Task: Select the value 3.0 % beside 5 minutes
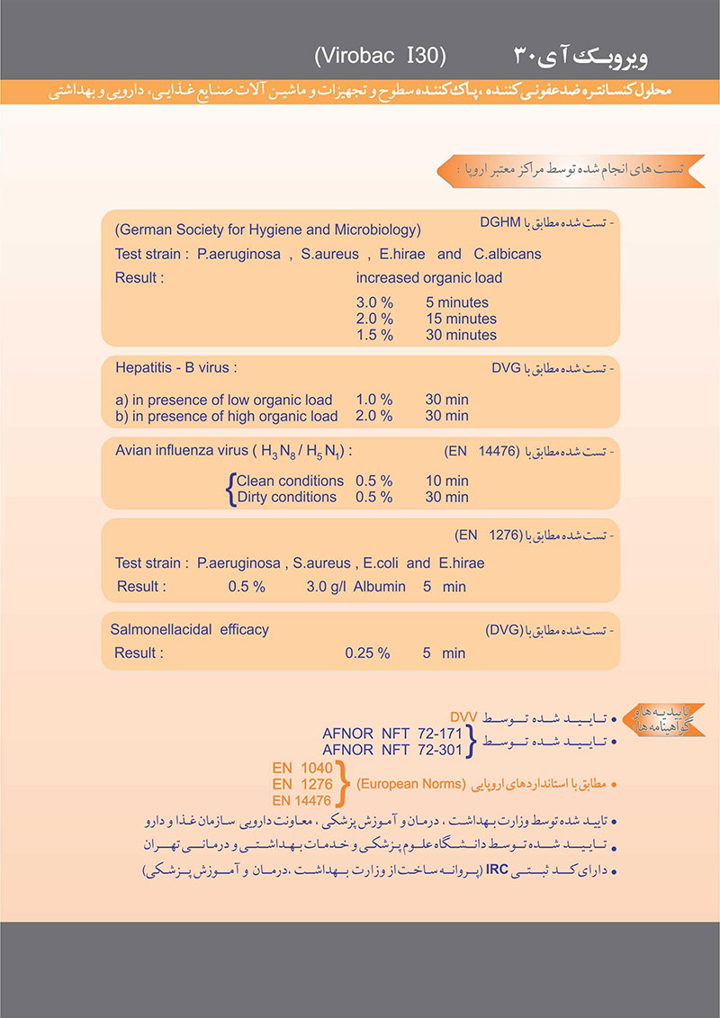tap(374, 303)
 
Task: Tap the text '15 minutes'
tap(461, 319)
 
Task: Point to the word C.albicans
tap(508, 254)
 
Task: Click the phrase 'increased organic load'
tap(428, 277)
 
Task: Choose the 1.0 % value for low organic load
tap(374, 400)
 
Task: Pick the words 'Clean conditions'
tap(290, 481)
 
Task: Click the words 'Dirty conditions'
tap(290, 497)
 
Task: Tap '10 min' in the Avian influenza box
tap(446, 481)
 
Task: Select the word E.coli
tap(379, 563)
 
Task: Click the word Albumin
tap(383, 587)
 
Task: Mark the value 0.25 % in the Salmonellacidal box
tap(367, 653)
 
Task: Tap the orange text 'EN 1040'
tap(302, 769)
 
